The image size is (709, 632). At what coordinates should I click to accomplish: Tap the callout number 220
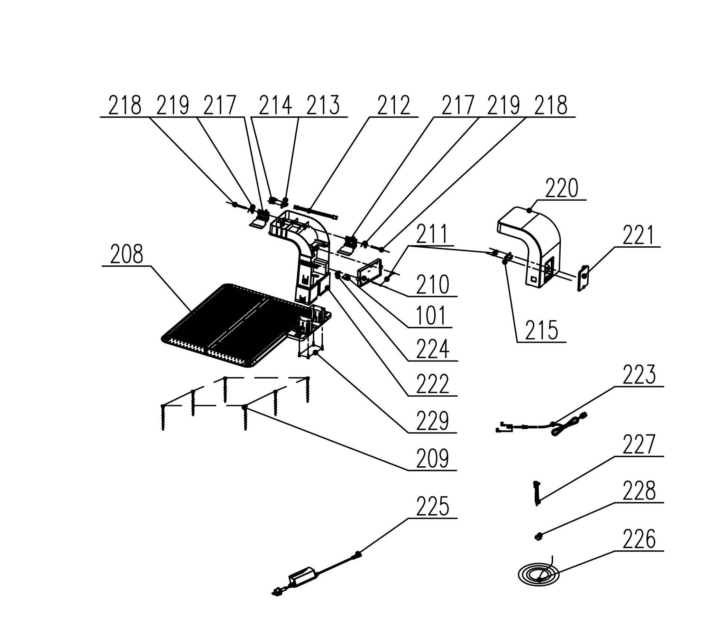point(561,188)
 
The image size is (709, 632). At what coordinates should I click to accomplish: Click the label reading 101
point(431,315)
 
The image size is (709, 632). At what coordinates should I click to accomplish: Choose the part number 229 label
point(432,420)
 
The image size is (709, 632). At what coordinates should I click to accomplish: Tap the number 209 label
point(432,458)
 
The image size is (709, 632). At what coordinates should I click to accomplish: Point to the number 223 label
point(639,375)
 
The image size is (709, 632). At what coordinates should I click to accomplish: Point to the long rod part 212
point(316,212)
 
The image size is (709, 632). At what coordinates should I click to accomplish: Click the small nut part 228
point(538,536)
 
